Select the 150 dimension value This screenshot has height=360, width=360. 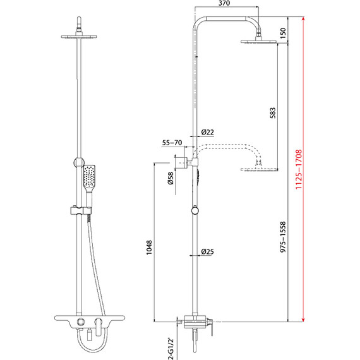pos(284,32)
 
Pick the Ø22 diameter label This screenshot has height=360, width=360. pos(207,131)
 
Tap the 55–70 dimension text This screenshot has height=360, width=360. pos(172,143)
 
